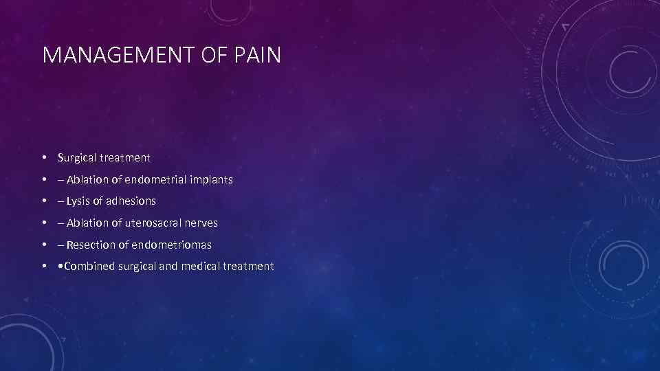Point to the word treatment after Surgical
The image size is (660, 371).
pos(124,157)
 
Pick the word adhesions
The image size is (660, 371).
pos(131,201)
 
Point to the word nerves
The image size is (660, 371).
pos(200,223)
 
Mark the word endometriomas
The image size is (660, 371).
pos(171,245)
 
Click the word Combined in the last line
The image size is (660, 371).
pos(89,267)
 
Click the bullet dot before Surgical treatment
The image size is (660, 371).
pos(44,158)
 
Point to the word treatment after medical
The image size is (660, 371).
pos(248,267)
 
